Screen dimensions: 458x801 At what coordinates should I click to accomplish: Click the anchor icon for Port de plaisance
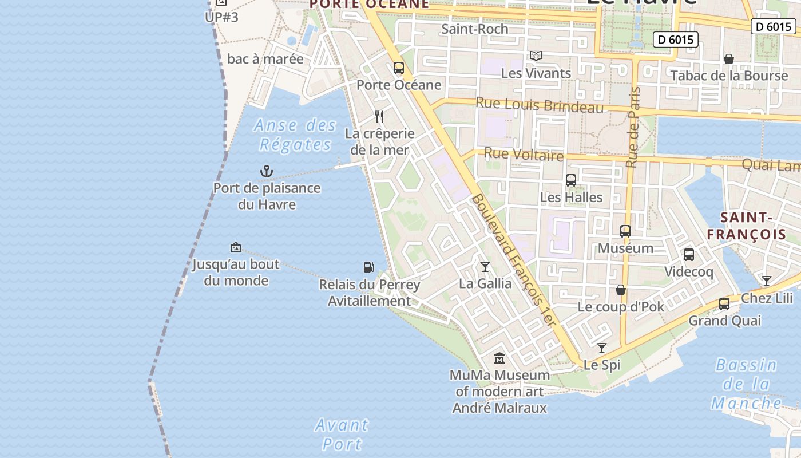tap(267, 171)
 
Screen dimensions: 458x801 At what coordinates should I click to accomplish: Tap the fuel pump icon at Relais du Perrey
tap(369, 267)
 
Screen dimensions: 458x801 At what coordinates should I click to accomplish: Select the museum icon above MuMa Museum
tap(499, 358)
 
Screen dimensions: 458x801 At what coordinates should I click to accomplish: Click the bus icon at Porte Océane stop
tap(399, 68)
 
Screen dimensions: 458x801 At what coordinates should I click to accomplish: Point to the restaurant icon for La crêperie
tap(379, 117)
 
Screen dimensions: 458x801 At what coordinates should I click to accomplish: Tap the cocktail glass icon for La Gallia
tap(485, 266)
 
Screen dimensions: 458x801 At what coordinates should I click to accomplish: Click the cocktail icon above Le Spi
tap(602, 348)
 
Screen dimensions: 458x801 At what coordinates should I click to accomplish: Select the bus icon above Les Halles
tap(571, 180)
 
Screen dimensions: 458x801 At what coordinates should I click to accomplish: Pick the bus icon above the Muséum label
tap(625, 231)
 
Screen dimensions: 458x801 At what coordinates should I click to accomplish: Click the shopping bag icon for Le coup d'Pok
tap(621, 290)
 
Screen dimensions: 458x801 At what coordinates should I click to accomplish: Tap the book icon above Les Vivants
tap(536, 56)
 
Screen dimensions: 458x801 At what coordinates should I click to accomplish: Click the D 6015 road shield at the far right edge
tap(773, 26)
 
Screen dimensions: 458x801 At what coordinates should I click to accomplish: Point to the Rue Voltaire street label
tap(524, 154)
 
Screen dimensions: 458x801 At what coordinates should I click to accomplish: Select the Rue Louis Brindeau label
tap(540, 105)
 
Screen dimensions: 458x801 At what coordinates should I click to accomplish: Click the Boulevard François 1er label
tap(513, 260)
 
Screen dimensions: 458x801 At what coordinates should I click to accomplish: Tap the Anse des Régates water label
tap(295, 135)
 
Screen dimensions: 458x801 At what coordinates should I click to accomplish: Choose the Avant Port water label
tap(342, 434)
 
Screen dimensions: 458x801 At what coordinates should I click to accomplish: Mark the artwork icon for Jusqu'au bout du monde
tap(235, 247)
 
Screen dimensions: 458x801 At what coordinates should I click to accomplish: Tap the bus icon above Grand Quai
tap(724, 304)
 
